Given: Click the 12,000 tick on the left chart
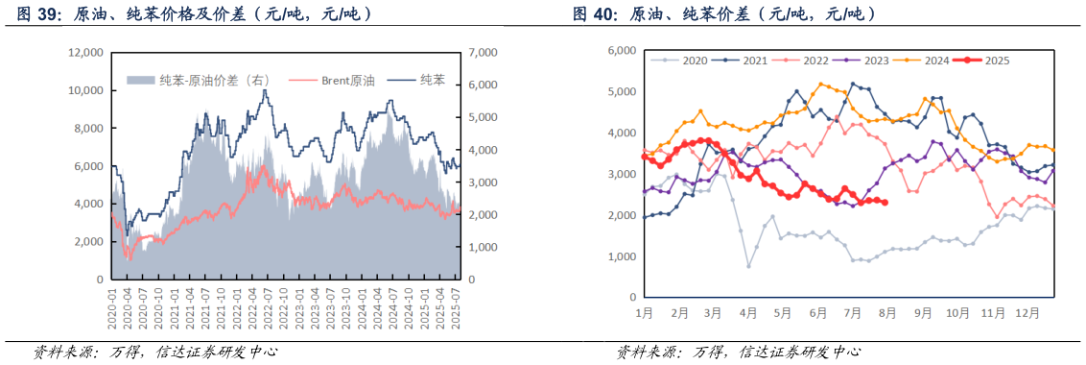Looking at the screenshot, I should [x=84, y=52].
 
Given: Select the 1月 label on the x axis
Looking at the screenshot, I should [x=644, y=313].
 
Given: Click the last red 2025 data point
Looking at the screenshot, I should [x=884, y=202].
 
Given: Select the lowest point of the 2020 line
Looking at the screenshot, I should [x=748, y=266].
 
